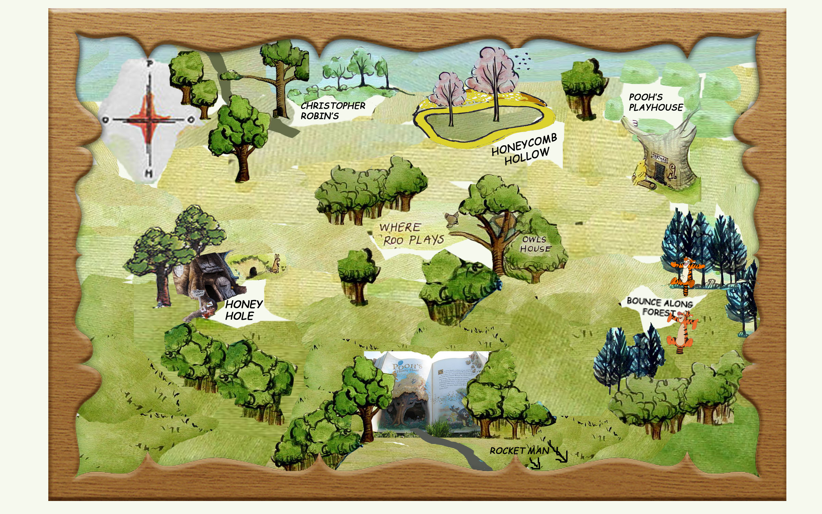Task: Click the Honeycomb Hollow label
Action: coord(524,149)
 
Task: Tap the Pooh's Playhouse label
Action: coord(656,102)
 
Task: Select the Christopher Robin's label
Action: coord(333,111)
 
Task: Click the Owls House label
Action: coord(535,244)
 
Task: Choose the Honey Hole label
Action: coord(243,310)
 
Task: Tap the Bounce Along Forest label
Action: coord(659,307)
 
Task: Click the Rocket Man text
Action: coord(519,451)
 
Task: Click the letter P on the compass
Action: coord(149,63)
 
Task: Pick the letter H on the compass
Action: coord(149,173)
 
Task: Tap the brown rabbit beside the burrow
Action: coord(276,264)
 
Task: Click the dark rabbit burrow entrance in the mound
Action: coord(253,272)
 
